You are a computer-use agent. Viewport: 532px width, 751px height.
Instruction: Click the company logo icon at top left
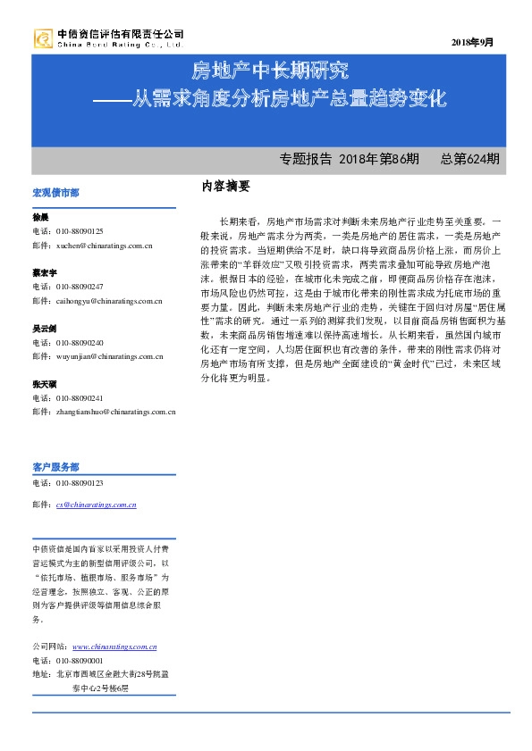[x=43, y=38]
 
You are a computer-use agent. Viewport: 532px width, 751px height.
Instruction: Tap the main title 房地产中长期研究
[x=271, y=71]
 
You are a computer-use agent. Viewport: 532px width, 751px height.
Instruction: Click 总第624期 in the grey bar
[x=470, y=159]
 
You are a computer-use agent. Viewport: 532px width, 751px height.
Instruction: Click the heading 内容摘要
[x=226, y=186]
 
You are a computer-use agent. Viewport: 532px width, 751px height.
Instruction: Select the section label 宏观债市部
[x=55, y=192]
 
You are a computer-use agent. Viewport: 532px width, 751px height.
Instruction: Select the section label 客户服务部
[x=55, y=466]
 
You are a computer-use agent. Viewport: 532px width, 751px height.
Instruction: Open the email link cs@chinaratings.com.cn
[x=96, y=505]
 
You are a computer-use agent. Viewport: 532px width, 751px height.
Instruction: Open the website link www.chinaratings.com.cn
[x=114, y=647]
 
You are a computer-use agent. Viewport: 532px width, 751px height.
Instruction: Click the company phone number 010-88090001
[x=80, y=661]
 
